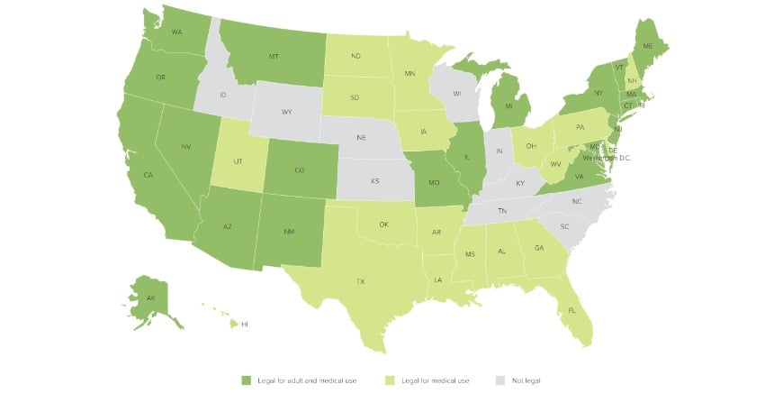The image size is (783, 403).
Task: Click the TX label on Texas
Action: pyautogui.click(x=360, y=281)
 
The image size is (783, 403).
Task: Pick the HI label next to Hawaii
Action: pyautogui.click(x=244, y=323)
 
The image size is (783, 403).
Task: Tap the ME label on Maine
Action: pyautogui.click(x=647, y=46)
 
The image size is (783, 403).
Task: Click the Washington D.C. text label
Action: pyautogui.click(x=607, y=158)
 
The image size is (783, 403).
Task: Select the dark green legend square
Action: pyautogui.click(x=245, y=380)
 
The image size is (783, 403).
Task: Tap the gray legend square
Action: pyautogui.click(x=500, y=380)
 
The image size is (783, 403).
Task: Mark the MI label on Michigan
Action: pyautogui.click(x=508, y=107)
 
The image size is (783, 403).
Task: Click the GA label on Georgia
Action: pyautogui.click(x=539, y=248)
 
